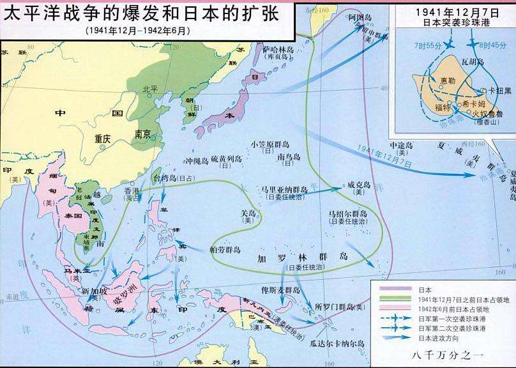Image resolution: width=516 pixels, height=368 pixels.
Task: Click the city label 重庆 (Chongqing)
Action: [102, 138]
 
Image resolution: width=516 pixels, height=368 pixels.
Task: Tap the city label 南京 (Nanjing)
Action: [142, 135]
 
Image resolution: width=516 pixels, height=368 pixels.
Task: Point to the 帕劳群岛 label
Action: [225, 249]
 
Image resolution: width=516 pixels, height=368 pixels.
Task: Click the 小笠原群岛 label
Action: [271, 144]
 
